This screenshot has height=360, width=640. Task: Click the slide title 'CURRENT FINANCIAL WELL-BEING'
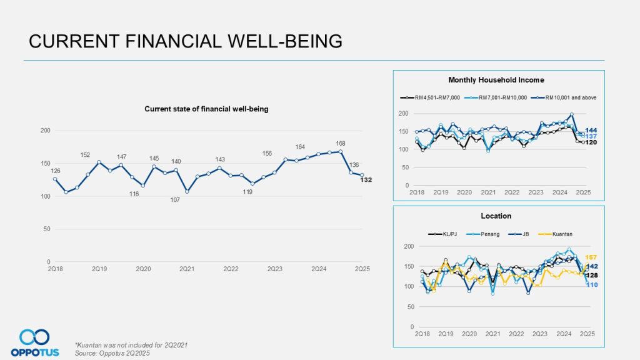click(186, 41)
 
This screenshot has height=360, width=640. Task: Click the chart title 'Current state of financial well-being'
click(206, 109)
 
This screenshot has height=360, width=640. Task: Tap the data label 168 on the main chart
click(341, 144)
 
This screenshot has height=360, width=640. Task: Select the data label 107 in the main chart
click(176, 199)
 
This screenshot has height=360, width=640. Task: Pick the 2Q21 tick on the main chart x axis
click(187, 269)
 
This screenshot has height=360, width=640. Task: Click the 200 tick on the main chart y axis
click(46, 131)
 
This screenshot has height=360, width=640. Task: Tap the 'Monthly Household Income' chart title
click(496, 80)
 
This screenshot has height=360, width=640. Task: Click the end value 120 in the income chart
click(591, 142)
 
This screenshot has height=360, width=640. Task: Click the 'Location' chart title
click(496, 216)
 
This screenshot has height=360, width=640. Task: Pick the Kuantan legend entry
click(560, 234)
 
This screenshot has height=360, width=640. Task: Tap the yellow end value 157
click(591, 257)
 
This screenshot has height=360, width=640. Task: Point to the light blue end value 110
click(591, 285)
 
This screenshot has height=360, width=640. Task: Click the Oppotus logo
click(35, 342)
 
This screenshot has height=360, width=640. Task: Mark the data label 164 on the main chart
click(300, 147)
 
